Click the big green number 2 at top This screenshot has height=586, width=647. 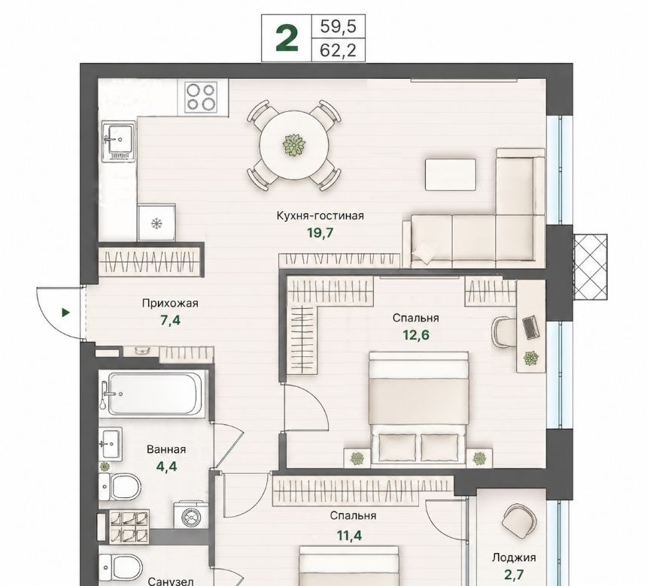(287, 38)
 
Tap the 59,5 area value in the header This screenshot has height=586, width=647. (338, 27)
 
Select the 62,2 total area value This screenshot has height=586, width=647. (338, 50)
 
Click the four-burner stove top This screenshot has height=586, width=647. (202, 98)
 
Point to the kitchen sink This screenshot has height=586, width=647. (119, 142)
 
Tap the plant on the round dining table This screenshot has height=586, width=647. (294, 145)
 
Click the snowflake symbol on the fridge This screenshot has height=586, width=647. (156, 224)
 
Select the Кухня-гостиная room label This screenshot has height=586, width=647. (320, 216)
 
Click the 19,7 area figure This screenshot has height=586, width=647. (320, 233)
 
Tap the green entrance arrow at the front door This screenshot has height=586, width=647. (65, 313)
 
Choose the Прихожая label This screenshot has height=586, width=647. (170, 304)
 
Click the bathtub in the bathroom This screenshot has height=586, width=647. (153, 394)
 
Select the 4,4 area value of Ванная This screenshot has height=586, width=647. (166, 467)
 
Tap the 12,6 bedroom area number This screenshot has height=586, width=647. (416, 335)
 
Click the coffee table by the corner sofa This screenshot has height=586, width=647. (451, 175)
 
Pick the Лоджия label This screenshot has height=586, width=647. (514, 557)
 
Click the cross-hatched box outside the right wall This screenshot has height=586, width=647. (591, 267)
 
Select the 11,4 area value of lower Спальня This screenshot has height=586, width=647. (350, 536)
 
